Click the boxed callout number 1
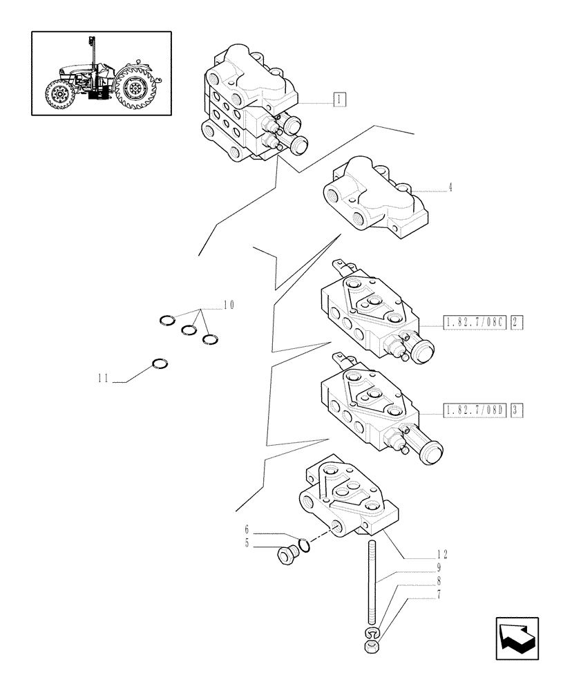pyautogui.click(x=339, y=99)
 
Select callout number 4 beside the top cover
pyautogui.click(x=450, y=187)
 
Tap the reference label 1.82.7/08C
pyautogui.click(x=473, y=321)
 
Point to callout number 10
pyautogui.click(x=229, y=305)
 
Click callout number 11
pyautogui.click(x=104, y=378)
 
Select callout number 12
pyautogui.click(x=442, y=553)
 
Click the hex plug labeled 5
pyautogui.click(x=285, y=555)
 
